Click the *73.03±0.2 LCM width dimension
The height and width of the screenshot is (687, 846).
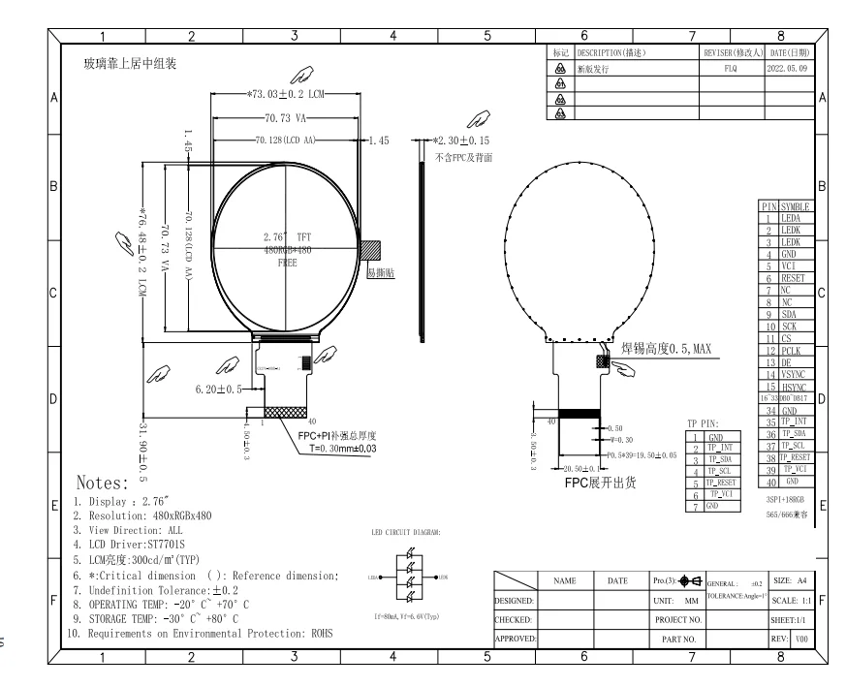click(287, 96)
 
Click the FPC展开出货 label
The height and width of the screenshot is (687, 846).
click(598, 482)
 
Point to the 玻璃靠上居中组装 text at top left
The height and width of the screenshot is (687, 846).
click(130, 64)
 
